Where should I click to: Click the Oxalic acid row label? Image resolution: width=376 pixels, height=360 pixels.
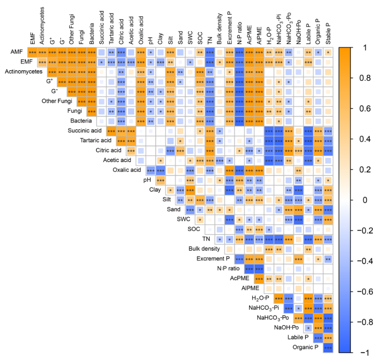pyautogui.click(x=126, y=170)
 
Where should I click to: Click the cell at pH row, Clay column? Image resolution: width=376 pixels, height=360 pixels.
pyautogui.click(x=161, y=180)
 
